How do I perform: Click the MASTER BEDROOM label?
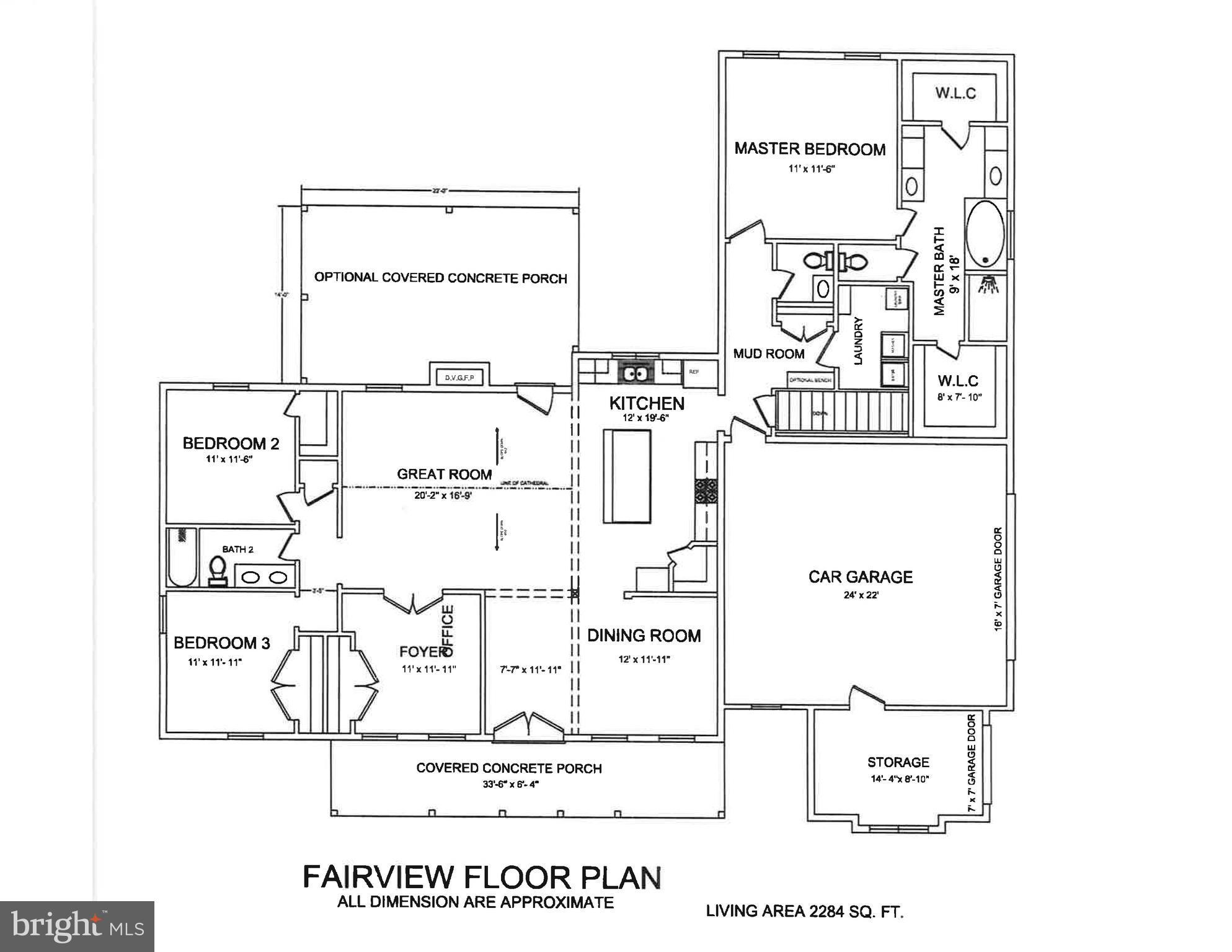810,149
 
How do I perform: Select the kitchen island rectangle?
627,476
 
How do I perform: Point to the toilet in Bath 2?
217,570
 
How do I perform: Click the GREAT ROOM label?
445,474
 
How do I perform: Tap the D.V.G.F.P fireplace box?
459,376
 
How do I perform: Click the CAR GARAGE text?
861,577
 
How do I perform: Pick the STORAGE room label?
898,762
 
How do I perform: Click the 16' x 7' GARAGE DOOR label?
998,579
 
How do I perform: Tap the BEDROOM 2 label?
231,443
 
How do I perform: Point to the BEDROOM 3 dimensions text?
215,662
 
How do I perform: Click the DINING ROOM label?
644,636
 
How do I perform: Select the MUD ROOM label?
769,354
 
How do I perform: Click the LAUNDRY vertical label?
859,340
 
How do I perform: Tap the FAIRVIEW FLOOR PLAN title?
482,878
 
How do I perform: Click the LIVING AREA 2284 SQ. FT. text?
804,911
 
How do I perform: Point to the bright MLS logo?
77,926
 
